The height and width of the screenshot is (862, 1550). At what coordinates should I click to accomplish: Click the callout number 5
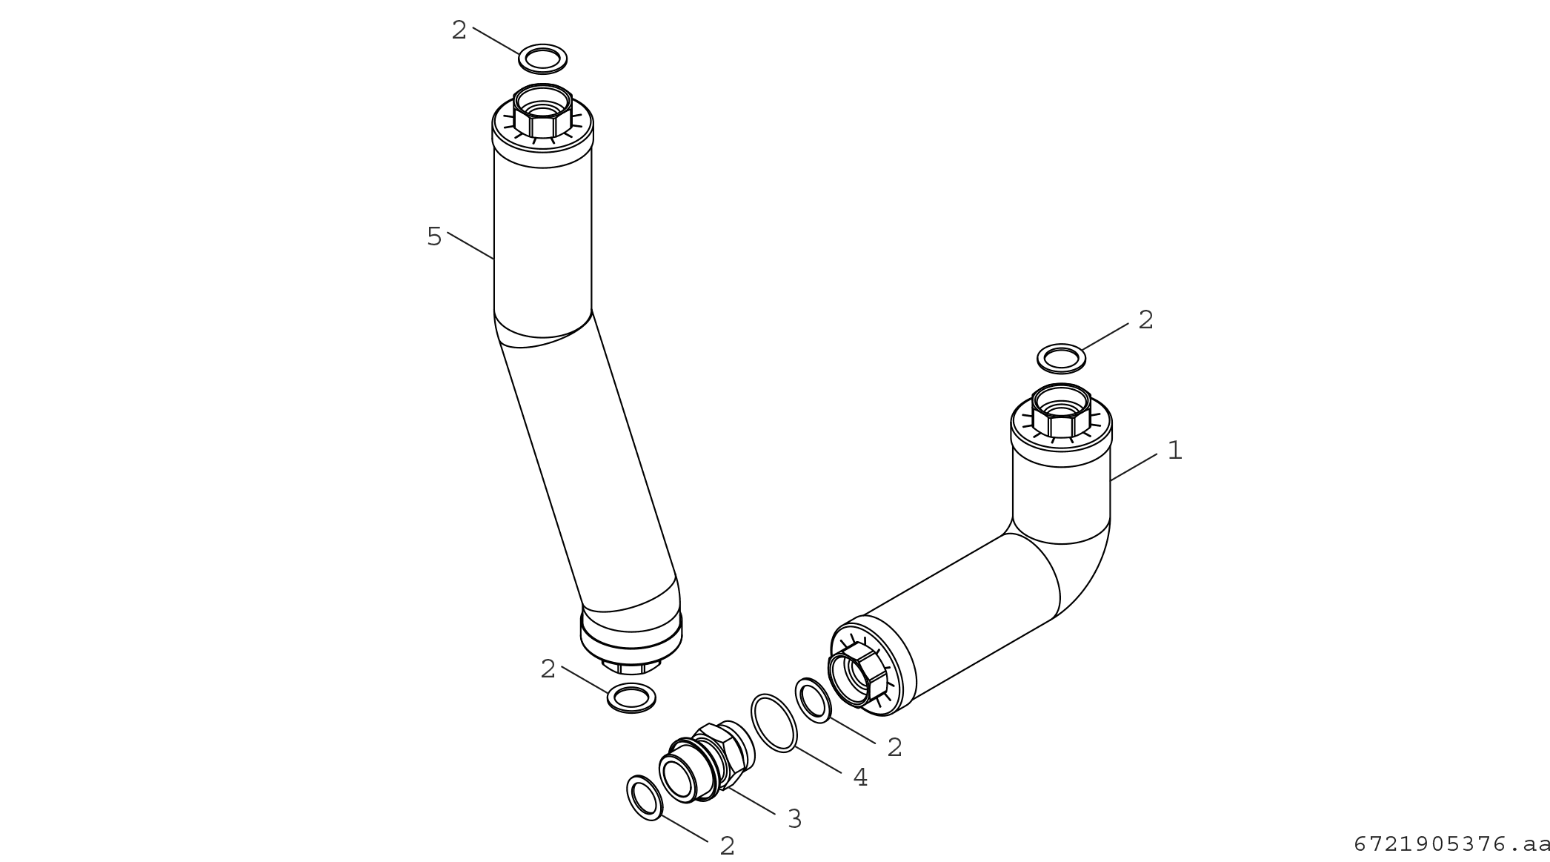click(x=434, y=236)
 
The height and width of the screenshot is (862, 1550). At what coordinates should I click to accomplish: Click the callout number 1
click(x=1175, y=450)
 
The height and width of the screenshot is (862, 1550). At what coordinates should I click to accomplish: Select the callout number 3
click(x=794, y=818)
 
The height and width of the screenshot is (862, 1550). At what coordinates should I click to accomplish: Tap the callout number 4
click(x=860, y=777)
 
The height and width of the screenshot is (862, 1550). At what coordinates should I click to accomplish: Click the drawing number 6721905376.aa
click(x=1451, y=843)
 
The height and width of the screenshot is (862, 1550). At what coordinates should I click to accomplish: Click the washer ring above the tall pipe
click(x=542, y=59)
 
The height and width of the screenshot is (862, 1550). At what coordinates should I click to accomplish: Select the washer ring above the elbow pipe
click(x=1062, y=359)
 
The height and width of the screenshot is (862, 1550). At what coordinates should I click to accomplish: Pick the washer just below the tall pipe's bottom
click(x=631, y=697)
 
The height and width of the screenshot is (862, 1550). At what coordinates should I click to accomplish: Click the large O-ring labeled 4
click(x=774, y=723)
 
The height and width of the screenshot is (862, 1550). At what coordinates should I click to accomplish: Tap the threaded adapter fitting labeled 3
click(x=708, y=763)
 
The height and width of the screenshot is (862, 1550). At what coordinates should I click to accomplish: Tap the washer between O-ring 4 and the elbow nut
click(x=814, y=699)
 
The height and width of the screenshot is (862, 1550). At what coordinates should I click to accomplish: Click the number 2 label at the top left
click(x=459, y=30)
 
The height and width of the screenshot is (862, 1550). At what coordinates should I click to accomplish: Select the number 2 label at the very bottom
click(x=728, y=846)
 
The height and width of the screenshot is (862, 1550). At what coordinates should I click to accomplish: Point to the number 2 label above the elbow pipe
click(x=1145, y=319)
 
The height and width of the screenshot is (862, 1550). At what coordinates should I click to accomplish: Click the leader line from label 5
click(x=470, y=245)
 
